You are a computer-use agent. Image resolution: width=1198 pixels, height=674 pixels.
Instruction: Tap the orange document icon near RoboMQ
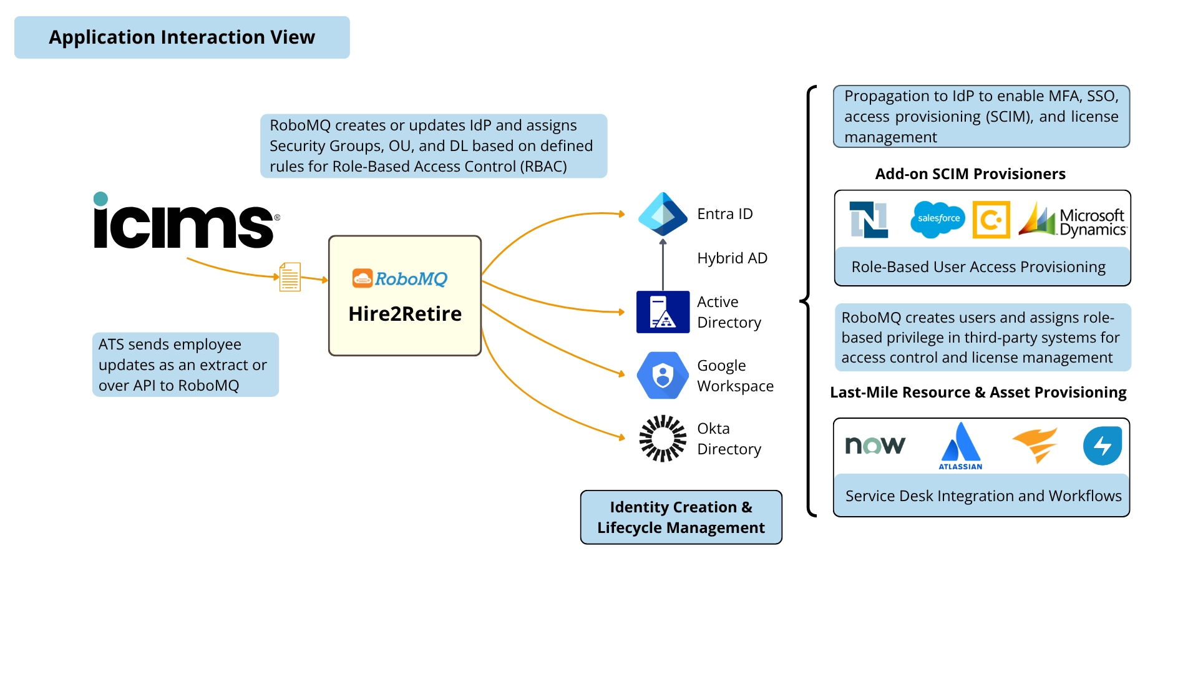tap(290, 277)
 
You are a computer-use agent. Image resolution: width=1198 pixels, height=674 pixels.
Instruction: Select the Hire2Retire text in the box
tap(405, 313)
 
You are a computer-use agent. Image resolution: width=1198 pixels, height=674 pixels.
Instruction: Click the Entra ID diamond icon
tap(663, 213)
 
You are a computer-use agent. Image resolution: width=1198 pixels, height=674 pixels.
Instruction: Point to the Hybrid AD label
tap(732, 258)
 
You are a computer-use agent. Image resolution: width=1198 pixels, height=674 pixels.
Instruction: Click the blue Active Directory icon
tap(663, 311)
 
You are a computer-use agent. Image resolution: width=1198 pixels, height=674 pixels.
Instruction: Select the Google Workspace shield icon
tap(663, 375)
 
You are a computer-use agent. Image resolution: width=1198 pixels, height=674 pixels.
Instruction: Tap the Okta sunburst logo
tap(663, 438)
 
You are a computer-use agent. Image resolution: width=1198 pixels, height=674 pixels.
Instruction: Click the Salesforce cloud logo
tap(938, 219)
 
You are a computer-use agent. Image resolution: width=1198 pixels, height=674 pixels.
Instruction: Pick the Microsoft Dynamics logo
tap(1072, 220)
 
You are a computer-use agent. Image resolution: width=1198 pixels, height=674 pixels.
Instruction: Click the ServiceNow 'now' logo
tap(875, 445)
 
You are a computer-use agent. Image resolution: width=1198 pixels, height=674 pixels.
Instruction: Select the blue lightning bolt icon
tap(1102, 446)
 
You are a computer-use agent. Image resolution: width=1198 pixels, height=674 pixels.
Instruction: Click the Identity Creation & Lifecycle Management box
tap(681, 517)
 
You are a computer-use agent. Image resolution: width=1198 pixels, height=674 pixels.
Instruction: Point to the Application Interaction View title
tap(182, 37)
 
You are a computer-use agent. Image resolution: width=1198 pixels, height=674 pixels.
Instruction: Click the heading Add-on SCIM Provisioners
tap(970, 173)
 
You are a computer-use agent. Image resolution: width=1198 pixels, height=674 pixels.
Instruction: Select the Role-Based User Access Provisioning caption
tap(978, 267)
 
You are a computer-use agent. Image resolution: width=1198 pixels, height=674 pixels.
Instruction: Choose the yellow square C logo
tap(991, 220)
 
